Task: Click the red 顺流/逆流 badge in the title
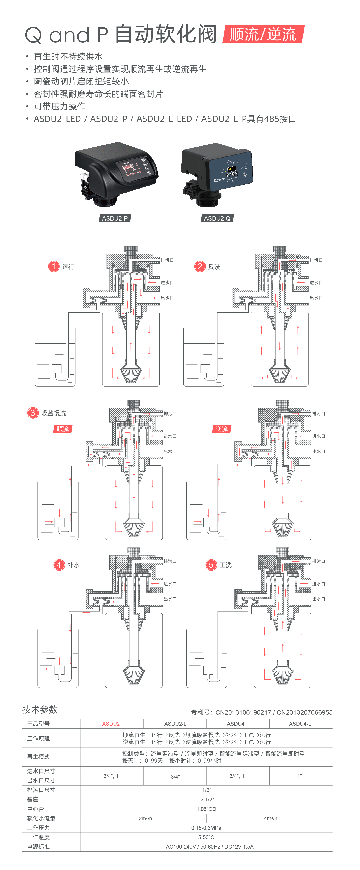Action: click(263, 34)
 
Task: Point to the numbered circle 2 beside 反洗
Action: click(200, 266)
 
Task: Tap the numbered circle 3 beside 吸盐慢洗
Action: click(33, 413)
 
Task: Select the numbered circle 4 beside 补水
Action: click(59, 565)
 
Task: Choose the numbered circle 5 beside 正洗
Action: click(211, 565)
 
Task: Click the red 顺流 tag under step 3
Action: click(63, 429)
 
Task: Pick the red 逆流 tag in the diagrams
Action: click(222, 429)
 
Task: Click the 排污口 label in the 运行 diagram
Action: click(167, 260)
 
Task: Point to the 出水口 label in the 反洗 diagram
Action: click(316, 298)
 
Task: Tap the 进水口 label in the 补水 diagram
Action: click(170, 584)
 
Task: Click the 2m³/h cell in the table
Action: click(145, 818)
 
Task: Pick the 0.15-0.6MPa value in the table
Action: click(206, 828)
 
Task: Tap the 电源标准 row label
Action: click(38, 847)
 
